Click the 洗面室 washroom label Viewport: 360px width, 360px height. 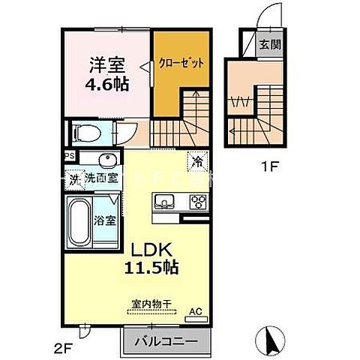click(100, 178)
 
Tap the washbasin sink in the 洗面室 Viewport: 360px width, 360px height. click(106, 160)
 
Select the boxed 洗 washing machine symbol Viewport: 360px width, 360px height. click(74, 179)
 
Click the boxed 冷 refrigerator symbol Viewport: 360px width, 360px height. click(197, 160)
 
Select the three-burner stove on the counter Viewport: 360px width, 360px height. click(199, 201)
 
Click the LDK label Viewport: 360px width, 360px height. click(156, 250)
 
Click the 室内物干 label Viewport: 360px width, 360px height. click(151, 304)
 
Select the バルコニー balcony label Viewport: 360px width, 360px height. click(166, 341)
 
